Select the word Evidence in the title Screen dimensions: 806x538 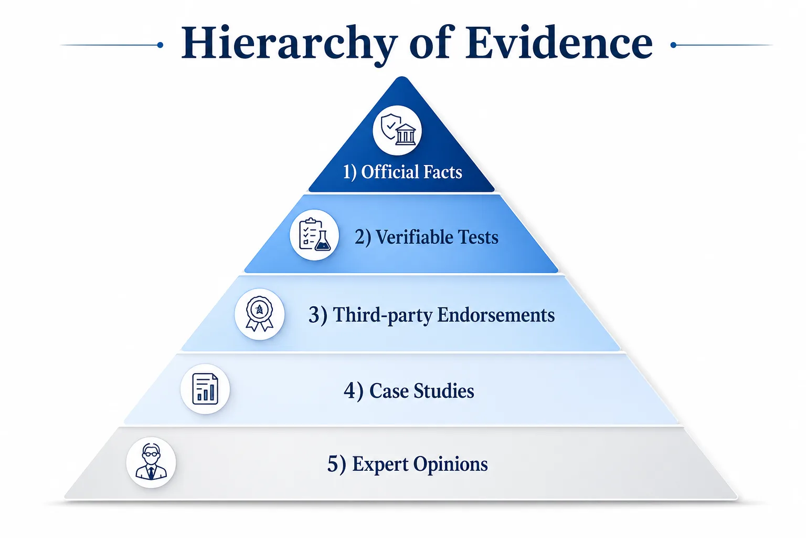pos(558,43)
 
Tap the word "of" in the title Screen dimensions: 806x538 pos(430,43)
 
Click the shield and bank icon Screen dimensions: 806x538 pos(398,130)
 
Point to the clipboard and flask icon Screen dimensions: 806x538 pos(314,234)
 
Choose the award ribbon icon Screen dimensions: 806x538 pos(259,314)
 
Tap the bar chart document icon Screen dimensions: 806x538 pos(205,389)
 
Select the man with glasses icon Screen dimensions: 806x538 pos(151,462)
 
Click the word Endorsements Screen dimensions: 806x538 pos(496,315)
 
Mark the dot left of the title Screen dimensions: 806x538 pos(160,45)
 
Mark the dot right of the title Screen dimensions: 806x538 pos(673,45)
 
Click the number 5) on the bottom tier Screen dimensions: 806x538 pos(336,464)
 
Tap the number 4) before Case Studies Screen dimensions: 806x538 pos(353,391)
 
